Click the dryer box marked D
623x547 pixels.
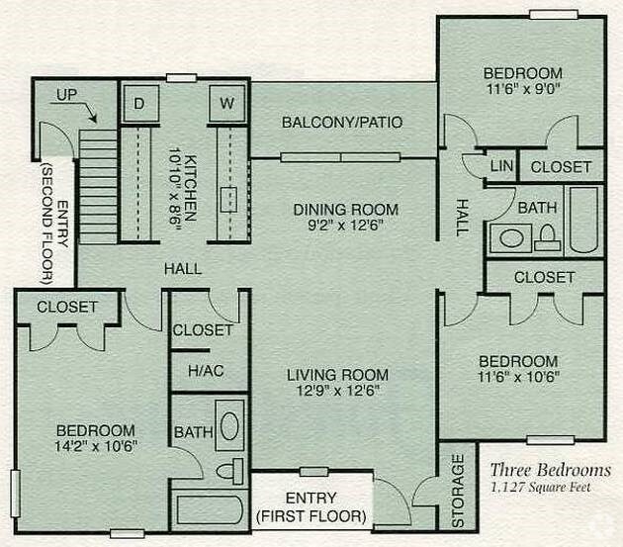point(139,104)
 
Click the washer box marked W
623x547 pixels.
point(226,104)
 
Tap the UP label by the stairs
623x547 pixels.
point(66,95)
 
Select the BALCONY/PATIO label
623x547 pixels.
point(342,123)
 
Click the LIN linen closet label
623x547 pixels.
point(501,166)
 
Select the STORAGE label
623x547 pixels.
point(459,490)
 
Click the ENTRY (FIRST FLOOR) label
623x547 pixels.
point(311,506)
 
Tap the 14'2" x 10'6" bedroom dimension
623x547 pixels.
point(95,446)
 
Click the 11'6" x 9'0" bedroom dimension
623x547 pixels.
point(522,90)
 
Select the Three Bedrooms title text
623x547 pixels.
point(551,470)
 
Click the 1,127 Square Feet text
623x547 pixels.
point(551,487)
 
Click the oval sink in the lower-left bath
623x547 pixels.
point(227,427)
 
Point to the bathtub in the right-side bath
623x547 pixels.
point(583,220)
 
